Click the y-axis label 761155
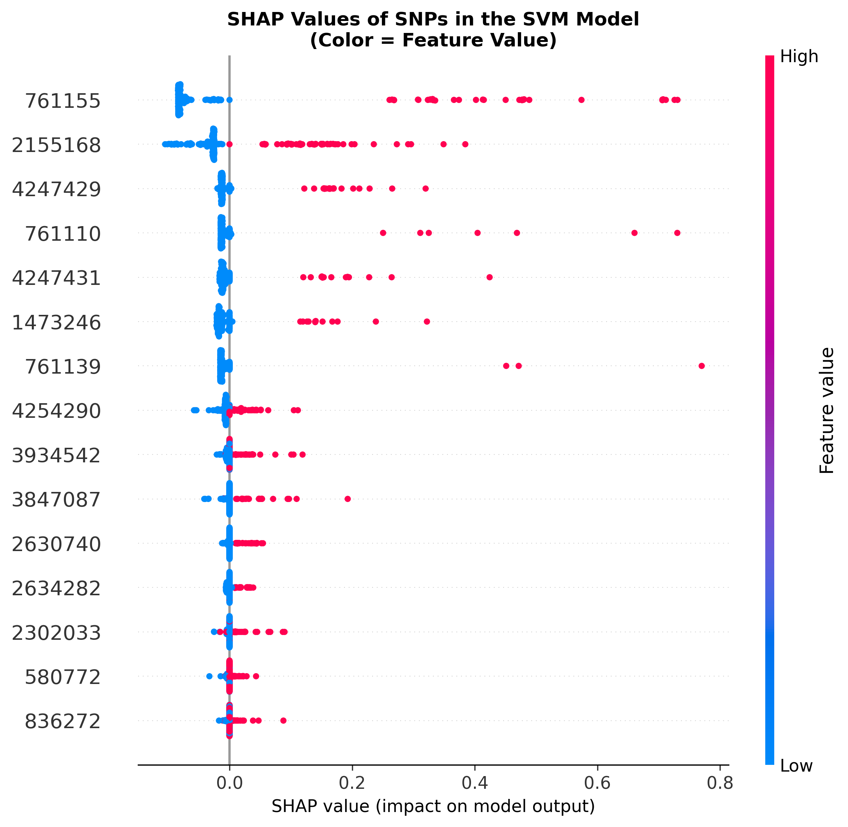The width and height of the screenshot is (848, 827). tap(63, 101)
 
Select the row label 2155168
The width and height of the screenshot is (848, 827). tap(56, 146)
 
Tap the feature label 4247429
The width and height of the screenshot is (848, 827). tap(56, 190)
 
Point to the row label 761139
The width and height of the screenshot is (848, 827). tap(63, 367)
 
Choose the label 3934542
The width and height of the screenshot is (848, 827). tap(56, 456)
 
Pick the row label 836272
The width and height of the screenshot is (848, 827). tap(63, 721)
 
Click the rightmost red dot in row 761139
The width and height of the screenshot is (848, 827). tap(701, 366)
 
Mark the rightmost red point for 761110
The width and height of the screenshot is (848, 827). tap(677, 233)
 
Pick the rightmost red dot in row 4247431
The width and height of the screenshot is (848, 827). tap(490, 277)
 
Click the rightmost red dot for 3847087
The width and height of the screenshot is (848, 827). tap(347, 499)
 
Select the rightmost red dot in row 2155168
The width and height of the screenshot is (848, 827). tap(465, 144)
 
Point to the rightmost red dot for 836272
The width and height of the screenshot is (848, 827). tap(283, 721)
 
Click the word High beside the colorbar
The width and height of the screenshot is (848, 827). tap(799, 57)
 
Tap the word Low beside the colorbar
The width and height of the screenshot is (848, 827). tap(796, 766)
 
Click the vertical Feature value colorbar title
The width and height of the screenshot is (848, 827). tap(826, 410)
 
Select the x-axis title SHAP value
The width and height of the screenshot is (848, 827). tap(433, 806)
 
